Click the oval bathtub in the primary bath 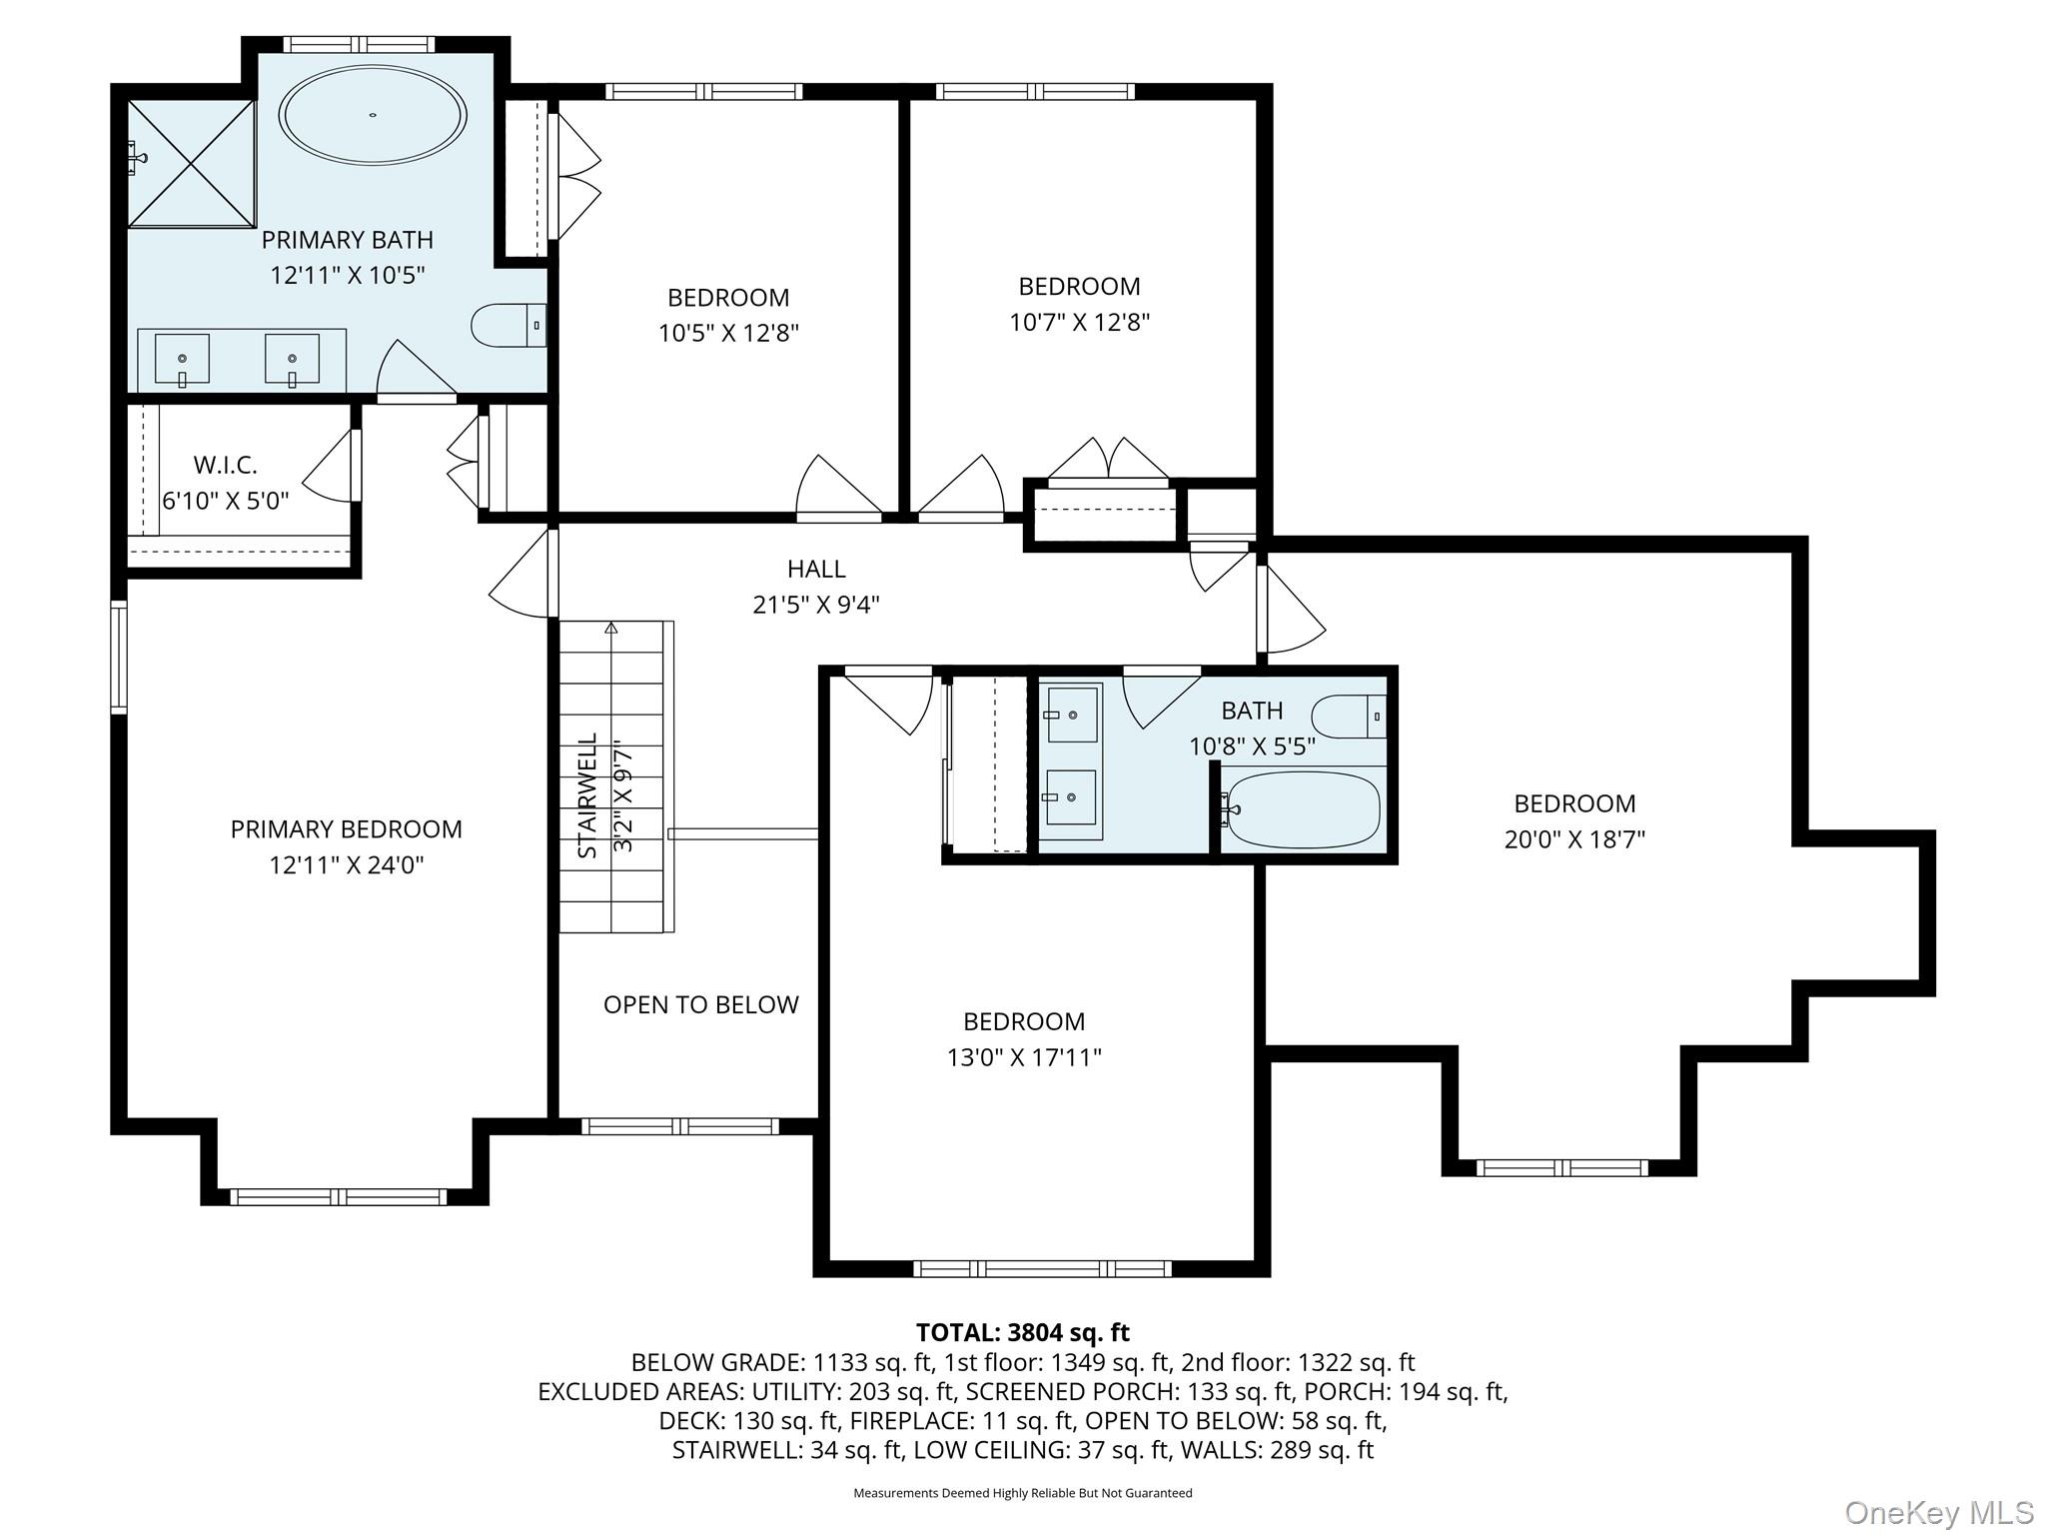(x=373, y=116)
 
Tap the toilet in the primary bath (x=509, y=325)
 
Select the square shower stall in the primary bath (x=192, y=163)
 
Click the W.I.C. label (x=225, y=465)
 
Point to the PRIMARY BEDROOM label (x=347, y=829)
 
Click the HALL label (x=816, y=569)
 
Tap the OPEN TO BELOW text (x=701, y=1004)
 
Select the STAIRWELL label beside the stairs (x=587, y=796)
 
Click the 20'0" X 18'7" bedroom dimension (x=1574, y=839)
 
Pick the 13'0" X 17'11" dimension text (x=1024, y=1057)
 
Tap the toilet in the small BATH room (x=1349, y=717)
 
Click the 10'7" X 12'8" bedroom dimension (x=1079, y=322)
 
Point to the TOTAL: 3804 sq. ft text (x=1023, y=1332)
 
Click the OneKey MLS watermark (x=1939, y=1513)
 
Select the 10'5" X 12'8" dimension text (x=728, y=333)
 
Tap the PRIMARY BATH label (x=348, y=240)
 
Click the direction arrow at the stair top (x=611, y=629)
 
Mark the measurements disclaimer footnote (x=1023, y=1493)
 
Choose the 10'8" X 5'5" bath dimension (x=1252, y=747)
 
